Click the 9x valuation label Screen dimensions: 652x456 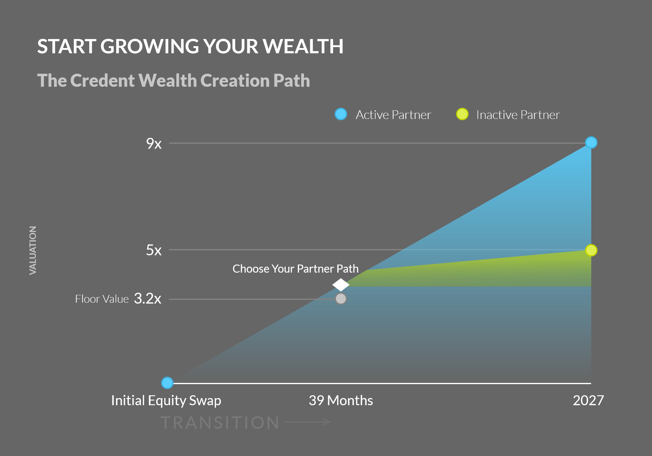154,144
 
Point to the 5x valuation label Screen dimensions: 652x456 154,250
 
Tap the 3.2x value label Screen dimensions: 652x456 148,299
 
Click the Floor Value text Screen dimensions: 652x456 102,299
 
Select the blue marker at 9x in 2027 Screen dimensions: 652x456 591,142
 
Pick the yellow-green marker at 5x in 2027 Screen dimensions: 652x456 591,250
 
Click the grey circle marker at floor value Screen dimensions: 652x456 341,299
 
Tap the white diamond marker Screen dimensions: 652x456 341,285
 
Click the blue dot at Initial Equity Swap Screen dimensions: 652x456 167,383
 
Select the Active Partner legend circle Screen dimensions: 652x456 341,114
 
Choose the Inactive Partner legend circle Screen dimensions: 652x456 462,114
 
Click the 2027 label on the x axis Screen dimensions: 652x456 588,400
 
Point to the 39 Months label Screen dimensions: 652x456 341,400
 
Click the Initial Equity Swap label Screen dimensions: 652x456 166,401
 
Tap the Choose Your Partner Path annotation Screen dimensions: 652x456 296,269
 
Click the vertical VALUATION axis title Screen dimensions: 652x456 33,250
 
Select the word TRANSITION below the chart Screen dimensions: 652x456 220,423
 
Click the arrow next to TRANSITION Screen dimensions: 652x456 307,422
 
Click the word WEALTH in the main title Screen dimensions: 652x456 303,46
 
